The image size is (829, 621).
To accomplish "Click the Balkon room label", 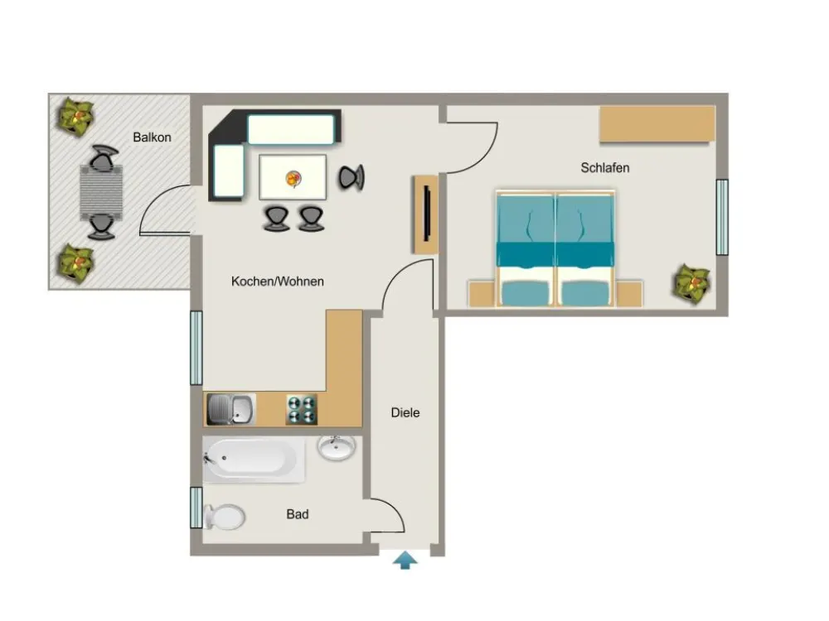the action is point(152,137).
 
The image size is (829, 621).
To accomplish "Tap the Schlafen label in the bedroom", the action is point(605,168).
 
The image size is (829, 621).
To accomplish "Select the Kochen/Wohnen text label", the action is point(278,282).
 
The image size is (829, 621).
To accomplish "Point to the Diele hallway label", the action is point(405,412).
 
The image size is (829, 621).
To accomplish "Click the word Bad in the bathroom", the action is point(298,514).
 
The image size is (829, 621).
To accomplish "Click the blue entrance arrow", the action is point(405,560).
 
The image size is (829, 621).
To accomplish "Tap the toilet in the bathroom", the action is point(224,517).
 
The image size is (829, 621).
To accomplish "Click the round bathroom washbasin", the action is point(337,448).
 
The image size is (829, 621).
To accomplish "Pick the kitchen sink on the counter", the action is point(231,409).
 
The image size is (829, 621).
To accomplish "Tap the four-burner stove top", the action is point(302,409).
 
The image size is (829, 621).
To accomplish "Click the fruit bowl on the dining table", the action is point(293,178).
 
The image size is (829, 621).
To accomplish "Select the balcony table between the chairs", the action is point(101,192).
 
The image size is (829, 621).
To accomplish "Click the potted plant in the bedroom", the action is point(692,283).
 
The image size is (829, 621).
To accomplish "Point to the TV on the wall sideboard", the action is point(427,214).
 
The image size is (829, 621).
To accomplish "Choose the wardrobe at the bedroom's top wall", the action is point(657,124).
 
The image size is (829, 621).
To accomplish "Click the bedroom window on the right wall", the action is point(722,217).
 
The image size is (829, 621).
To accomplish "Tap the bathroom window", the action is point(196,508).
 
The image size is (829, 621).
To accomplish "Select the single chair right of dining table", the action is point(351,177).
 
